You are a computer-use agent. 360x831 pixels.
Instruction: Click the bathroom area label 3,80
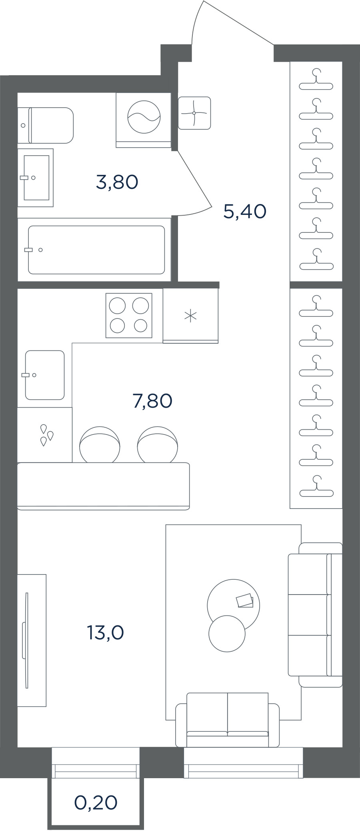click(x=117, y=182)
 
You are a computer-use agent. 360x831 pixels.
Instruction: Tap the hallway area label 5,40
click(x=245, y=212)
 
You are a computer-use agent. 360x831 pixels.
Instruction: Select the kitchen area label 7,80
click(x=152, y=401)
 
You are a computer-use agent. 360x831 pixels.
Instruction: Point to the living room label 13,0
click(x=106, y=633)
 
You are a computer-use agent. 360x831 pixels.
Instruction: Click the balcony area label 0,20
click(x=96, y=802)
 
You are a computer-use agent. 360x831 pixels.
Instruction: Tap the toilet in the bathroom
click(x=46, y=125)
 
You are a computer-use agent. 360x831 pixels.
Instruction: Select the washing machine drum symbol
click(x=144, y=117)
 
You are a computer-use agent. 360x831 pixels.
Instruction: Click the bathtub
click(x=96, y=250)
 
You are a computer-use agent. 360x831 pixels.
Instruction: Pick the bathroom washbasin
click(x=36, y=178)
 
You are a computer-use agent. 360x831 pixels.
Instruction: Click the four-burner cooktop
click(x=129, y=315)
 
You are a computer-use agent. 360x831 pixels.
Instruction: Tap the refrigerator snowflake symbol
click(x=190, y=316)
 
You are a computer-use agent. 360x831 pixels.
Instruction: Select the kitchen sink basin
click(x=45, y=375)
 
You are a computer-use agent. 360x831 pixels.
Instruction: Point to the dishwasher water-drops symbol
click(x=46, y=435)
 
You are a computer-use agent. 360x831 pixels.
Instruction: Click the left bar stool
click(x=100, y=445)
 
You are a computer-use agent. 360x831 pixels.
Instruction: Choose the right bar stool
click(x=158, y=445)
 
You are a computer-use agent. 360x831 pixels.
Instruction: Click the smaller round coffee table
click(x=227, y=634)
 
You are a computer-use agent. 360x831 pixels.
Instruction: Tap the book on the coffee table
click(x=245, y=601)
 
